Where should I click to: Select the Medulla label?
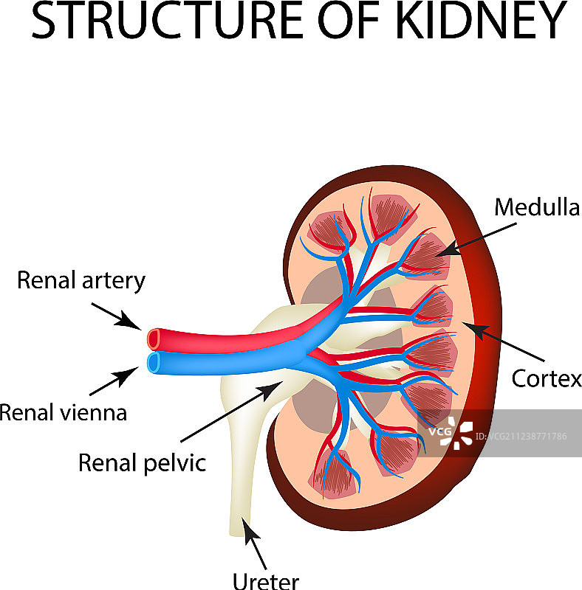click(537, 207)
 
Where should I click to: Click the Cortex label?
click(547, 378)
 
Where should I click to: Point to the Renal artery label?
click(81, 280)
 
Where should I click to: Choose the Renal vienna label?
click(63, 412)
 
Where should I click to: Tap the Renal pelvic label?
click(143, 463)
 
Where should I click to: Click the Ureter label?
click(266, 580)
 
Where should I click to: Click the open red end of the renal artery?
click(154, 339)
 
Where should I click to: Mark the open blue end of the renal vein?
click(154, 362)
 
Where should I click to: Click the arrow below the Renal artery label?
click(117, 316)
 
